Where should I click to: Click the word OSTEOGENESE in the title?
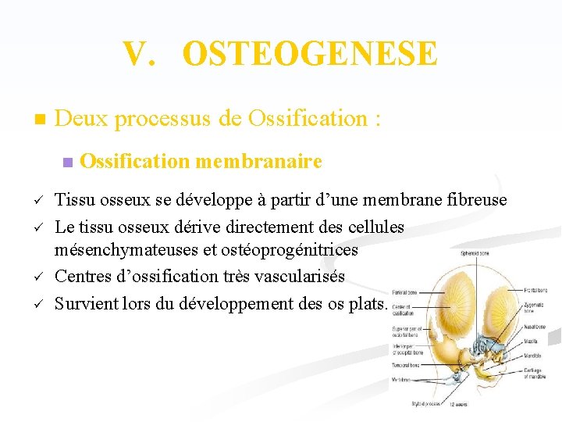click(x=310, y=54)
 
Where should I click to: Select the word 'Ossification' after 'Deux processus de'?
click(x=308, y=120)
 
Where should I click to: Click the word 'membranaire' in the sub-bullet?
click(x=259, y=162)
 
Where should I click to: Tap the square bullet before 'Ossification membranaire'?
click(x=66, y=163)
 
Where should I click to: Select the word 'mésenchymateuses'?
click(x=121, y=250)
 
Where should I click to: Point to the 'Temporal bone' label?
click(x=406, y=364)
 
